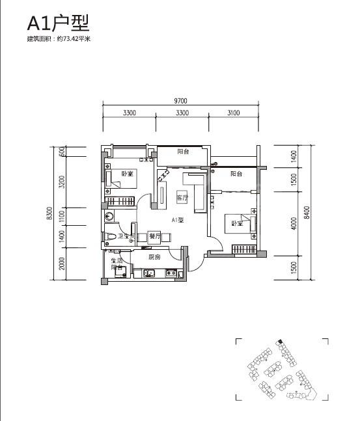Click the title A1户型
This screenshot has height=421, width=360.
[x=58, y=23]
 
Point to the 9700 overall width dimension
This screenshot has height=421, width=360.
[x=180, y=101]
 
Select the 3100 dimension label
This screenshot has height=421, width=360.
[x=234, y=113]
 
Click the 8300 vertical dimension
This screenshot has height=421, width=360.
[x=49, y=213]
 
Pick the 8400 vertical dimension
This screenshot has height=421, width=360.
[x=307, y=212]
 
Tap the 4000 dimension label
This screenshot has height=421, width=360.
[x=294, y=223]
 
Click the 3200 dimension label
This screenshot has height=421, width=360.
[x=62, y=182]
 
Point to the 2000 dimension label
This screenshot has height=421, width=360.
[x=62, y=264]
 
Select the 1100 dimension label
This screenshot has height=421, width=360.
[x=62, y=216]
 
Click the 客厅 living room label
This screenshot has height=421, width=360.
[x=182, y=198]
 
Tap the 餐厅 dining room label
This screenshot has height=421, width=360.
[x=154, y=237]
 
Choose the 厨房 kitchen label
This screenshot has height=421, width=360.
[x=154, y=257]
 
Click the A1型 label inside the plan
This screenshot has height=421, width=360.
[x=178, y=220]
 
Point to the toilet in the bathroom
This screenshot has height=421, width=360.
[x=110, y=237]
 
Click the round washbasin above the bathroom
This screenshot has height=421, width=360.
[x=109, y=215]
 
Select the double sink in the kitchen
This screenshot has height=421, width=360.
[x=148, y=273]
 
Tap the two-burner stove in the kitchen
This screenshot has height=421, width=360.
[x=171, y=273]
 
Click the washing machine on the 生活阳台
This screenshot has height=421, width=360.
[x=120, y=272]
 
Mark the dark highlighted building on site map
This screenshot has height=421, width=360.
[x=280, y=342]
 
